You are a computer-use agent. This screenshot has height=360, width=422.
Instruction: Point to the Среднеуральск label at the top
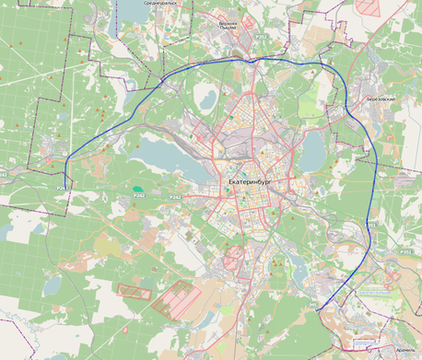(158, 3)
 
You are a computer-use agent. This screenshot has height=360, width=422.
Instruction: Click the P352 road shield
(261, 37)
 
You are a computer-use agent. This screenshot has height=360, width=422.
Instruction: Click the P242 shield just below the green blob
(139, 195)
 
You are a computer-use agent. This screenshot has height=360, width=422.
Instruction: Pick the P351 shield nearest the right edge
(405, 250)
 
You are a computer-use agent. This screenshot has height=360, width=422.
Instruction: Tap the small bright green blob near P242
(137, 188)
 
